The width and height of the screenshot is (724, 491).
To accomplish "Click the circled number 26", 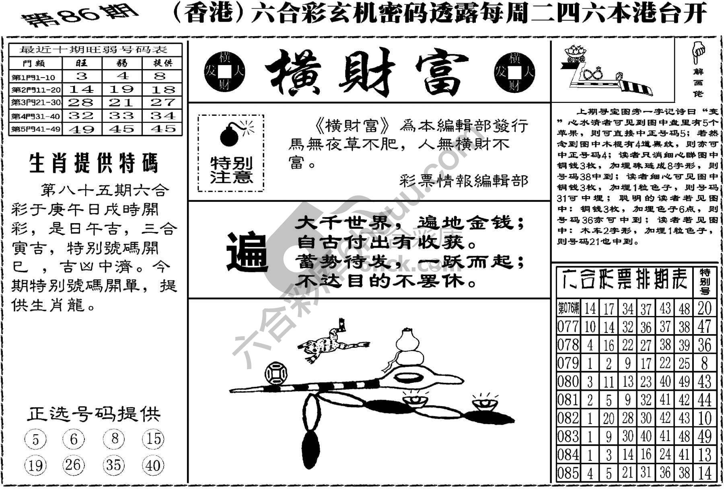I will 73,465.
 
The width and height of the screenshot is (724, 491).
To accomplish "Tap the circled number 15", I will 153,439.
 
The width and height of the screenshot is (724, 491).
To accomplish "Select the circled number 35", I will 113,465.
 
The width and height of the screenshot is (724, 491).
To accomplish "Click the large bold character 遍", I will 247,252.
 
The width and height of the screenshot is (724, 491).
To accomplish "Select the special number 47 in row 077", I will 704,326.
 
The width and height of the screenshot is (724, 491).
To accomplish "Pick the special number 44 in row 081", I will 704,400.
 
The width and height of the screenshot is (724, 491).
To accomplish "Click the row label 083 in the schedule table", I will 568,437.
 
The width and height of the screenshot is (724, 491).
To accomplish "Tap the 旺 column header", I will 82,63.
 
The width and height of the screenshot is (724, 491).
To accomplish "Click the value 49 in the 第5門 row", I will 82,129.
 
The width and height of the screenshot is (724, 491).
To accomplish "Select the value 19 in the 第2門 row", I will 122,89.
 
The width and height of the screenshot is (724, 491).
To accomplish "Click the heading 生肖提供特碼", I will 94,164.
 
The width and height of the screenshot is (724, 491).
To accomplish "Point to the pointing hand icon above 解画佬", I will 698,52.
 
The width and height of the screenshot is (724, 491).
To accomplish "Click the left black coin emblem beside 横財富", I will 225,72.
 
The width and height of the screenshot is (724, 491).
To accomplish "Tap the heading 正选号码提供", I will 94,414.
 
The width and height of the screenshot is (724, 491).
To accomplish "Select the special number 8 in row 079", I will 704,363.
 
